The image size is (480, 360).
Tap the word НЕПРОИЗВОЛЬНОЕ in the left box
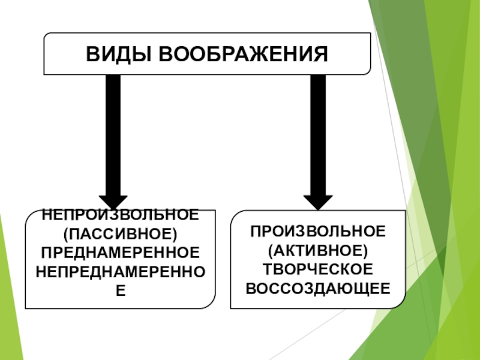click(x=121, y=215)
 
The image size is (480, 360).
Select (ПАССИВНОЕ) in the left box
click(x=121, y=232)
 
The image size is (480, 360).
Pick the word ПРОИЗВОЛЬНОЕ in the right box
click(x=318, y=230)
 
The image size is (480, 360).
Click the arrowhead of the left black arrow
click(x=112, y=201)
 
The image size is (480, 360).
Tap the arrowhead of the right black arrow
click(x=318, y=201)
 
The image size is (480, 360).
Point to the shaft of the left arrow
click(x=112, y=132)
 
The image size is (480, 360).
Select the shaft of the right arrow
click(x=318, y=132)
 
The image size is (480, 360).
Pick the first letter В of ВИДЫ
click(x=92, y=55)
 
